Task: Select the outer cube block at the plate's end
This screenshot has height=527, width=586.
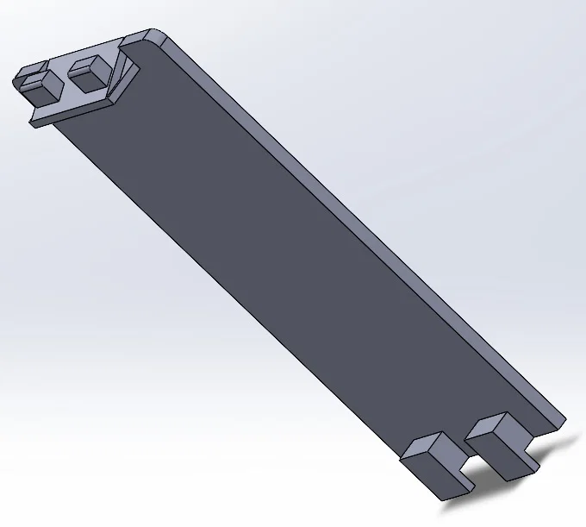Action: (x=36, y=81)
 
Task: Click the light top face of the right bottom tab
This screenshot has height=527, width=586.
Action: (x=493, y=426)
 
